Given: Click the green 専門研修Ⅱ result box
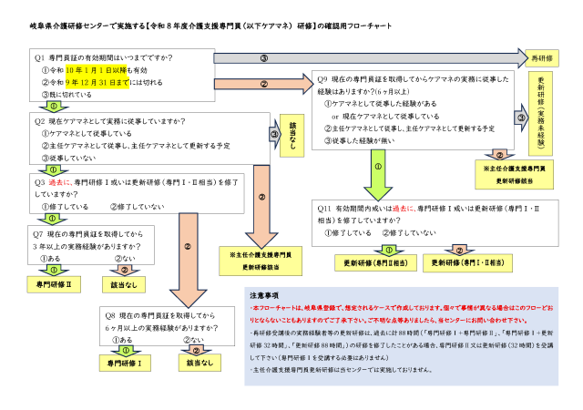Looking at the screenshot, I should tap(53, 285).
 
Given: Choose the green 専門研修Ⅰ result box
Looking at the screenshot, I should tap(126, 363).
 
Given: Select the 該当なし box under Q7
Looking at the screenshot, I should tap(127, 285).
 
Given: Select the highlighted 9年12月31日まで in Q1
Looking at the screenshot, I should tap(97, 82).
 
